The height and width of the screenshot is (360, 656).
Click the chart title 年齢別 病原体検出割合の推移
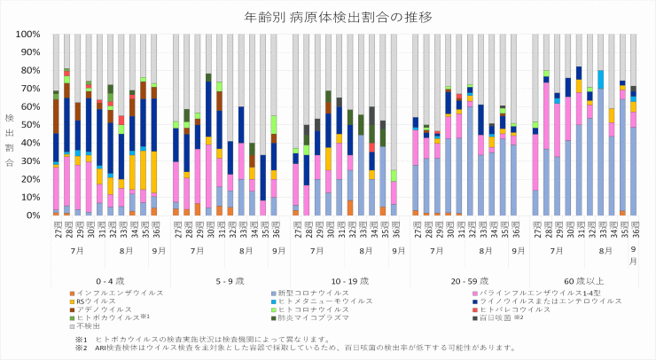[x=327, y=17]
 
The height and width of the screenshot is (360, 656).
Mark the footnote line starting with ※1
[x=204, y=339]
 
